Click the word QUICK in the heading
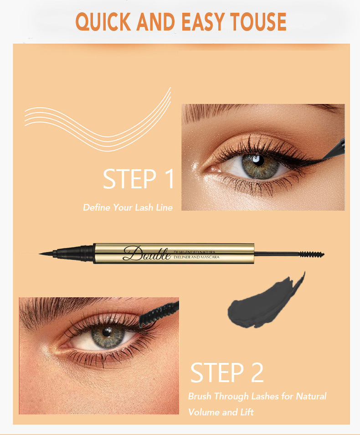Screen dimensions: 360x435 coord(103,21)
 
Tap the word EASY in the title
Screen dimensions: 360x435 coord(203,21)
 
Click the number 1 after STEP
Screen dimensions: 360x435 coord(169,179)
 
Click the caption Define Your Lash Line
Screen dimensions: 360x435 coord(128,207)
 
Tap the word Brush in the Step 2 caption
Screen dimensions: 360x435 coord(200,396)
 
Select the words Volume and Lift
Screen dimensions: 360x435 coord(221,412)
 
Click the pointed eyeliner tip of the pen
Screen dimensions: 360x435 coord(40,254)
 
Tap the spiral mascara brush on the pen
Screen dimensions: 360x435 coord(312,254)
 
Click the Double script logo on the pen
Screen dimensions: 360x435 coord(147,253)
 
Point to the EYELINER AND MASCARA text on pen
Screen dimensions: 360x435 coord(196,257)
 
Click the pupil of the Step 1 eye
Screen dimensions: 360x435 coord(259,161)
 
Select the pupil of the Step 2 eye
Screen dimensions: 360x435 coord(107,332)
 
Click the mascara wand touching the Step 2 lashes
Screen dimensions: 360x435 coord(159,314)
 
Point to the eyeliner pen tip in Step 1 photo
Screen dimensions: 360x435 coord(334,151)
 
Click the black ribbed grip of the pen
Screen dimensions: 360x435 coord(74,253)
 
